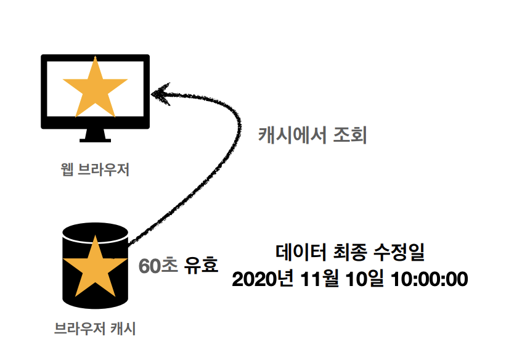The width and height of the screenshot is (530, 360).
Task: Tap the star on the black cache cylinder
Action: [x=95, y=269]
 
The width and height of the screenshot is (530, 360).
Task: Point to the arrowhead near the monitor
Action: [x=161, y=94]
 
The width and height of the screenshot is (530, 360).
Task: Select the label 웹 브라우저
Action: [x=95, y=169]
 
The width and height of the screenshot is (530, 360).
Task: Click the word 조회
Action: [x=349, y=134]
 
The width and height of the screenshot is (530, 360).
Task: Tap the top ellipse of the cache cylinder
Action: [x=95, y=232]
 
